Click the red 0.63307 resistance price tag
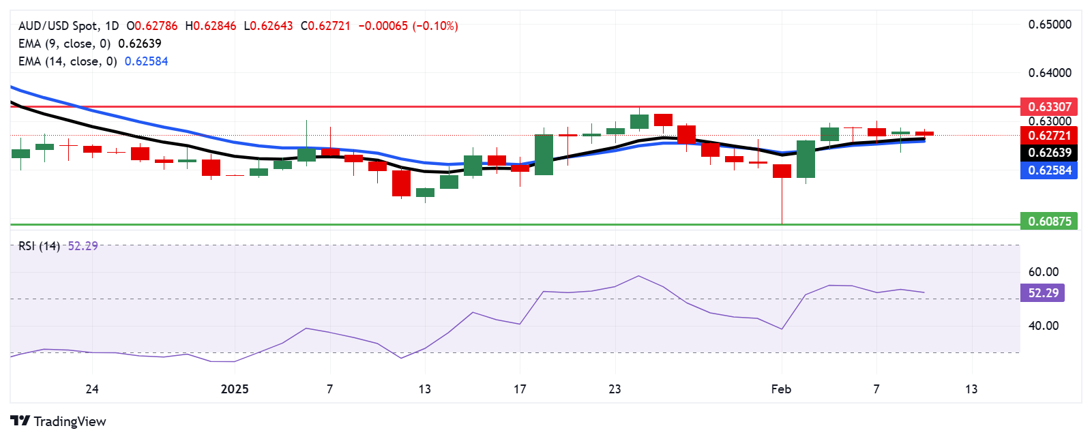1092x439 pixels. tap(1049, 106)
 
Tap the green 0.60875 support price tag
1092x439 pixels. tap(1049, 221)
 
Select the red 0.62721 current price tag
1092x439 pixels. tap(1049, 135)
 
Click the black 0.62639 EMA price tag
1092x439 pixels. tap(1049, 153)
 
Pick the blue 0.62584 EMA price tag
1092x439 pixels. tap(1049, 170)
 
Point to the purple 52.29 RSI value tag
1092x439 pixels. tap(1043, 293)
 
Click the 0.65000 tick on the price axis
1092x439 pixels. tap(1050, 25)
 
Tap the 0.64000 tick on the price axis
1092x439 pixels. tap(1050, 73)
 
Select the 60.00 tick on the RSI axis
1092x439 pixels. tap(1043, 272)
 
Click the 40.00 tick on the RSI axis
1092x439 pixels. tap(1043, 326)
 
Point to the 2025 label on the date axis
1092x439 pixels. tap(235, 389)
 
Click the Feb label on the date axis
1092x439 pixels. tap(781, 389)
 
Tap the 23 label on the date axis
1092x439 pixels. tap(615, 389)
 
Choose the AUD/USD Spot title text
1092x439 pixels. tap(68, 26)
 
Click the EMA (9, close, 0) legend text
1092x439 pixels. tap(64, 44)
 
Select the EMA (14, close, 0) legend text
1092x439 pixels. tap(68, 61)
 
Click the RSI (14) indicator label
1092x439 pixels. tap(39, 246)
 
